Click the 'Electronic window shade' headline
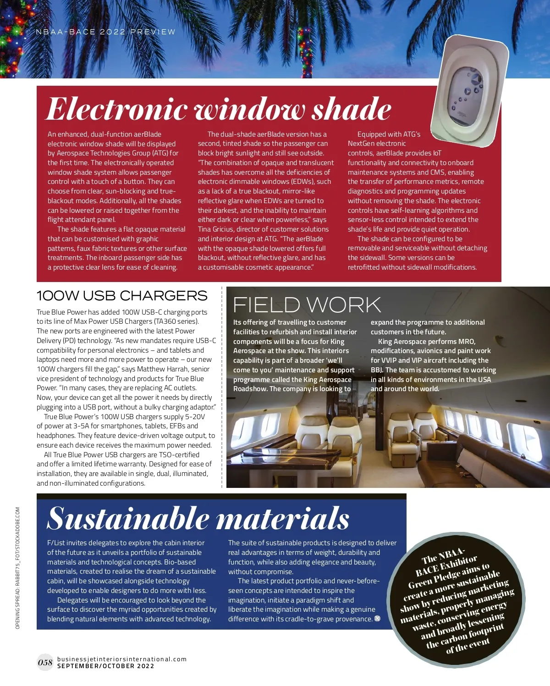point(219,109)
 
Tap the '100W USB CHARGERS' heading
point(122,296)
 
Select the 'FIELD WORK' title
point(307,305)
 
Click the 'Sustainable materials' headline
point(198,519)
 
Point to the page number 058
point(45,662)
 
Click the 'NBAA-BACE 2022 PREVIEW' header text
point(105,32)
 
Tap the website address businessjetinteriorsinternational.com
point(122,659)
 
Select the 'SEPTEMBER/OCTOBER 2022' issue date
point(105,666)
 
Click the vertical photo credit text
point(17,568)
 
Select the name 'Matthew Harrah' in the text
point(162,369)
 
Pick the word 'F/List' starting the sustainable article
point(56,543)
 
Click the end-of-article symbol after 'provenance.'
point(377,619)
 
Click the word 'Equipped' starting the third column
point(372,134)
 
